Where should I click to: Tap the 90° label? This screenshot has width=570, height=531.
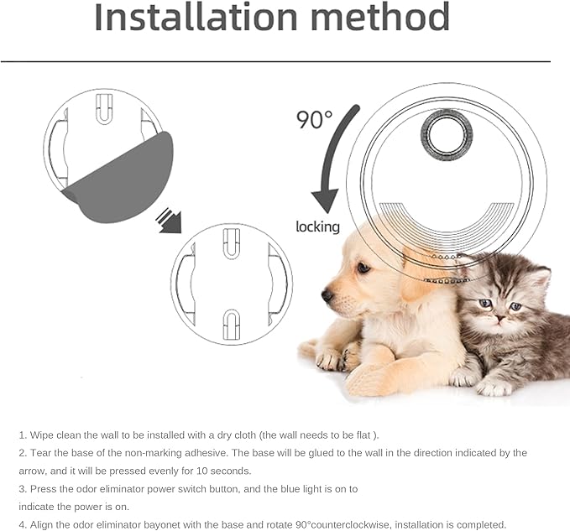[314, 119]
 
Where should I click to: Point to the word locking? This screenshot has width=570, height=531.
[317, 227]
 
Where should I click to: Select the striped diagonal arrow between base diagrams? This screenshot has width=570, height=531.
[168, 221]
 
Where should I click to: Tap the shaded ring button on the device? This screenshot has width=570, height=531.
[447, 135]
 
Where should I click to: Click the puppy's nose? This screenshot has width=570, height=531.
[327, 295]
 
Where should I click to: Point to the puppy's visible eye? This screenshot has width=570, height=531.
[363, 268]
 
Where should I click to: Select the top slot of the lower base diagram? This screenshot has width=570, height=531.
[231, 243]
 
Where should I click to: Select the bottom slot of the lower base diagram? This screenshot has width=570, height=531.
[231, 325]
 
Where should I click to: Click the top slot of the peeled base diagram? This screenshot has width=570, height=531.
[104, 109]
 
